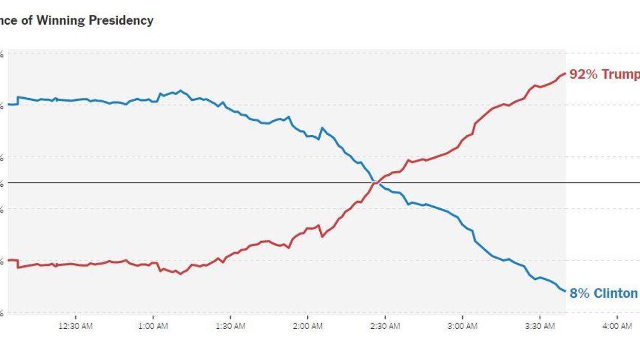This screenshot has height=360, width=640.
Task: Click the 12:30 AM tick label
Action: point(76,326)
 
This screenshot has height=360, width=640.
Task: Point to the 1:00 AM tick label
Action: point(153,326)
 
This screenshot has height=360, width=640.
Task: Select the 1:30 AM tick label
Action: point(230,326)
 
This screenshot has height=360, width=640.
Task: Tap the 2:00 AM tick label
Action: point(307,326)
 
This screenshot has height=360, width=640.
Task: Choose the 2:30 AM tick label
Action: point(385,326)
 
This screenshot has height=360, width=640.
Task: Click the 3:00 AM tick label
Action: point(462,326)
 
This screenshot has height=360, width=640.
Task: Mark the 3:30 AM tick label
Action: point(540,326)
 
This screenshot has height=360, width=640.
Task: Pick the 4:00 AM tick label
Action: point(617,326)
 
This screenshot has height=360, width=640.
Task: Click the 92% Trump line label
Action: point(605,75)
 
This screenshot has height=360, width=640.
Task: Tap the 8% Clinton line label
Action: point(604,293)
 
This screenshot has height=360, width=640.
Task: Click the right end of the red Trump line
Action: point(565,73)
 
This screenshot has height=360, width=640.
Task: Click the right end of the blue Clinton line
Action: point(565,291)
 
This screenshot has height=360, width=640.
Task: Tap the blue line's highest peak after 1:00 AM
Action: point(180,91)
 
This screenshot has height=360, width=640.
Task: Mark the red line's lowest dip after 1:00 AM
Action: point(180,274)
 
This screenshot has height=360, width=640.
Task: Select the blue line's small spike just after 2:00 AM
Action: point(322,128)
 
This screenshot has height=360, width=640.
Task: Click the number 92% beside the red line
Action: point(583,75)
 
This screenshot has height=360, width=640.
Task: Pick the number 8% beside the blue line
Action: point(579,293)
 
